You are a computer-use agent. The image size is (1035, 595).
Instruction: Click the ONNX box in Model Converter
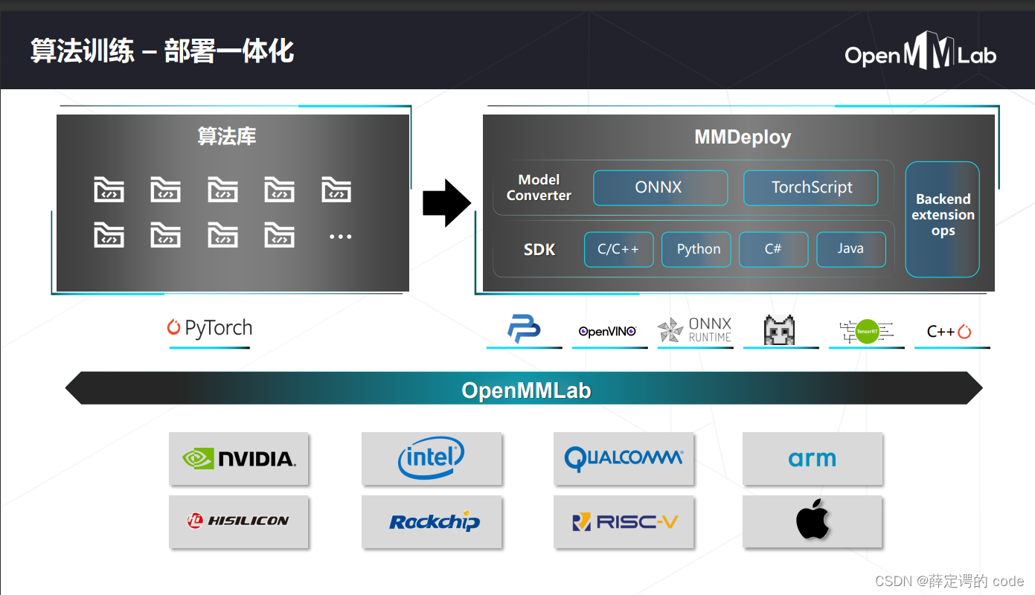point(660,187)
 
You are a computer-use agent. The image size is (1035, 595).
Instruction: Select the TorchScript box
point(811,187)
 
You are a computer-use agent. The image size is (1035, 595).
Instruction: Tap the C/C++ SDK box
point(618,249)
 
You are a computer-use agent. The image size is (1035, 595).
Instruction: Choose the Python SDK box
point(699,249)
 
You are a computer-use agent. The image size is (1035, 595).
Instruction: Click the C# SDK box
point(773,249)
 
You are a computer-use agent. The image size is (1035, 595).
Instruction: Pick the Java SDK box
point(850,249)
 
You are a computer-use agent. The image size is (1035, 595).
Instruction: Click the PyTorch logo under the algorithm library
point(210,328)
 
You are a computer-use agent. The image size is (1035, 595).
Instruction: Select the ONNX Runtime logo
point(695,329)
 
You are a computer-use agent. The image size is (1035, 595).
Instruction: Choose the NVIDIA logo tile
point(239,458)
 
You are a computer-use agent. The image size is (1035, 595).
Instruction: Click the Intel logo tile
point(432,458)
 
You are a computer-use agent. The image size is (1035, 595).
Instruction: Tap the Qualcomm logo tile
point(624,458)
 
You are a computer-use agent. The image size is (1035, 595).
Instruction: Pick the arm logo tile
point(813,458)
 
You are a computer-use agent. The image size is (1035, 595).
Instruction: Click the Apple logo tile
point(813,521)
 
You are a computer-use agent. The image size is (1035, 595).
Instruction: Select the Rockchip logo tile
point(432,521)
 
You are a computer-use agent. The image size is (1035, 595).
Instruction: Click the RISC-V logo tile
point(624,521)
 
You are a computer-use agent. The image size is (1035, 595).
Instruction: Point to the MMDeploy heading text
point(742,137)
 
